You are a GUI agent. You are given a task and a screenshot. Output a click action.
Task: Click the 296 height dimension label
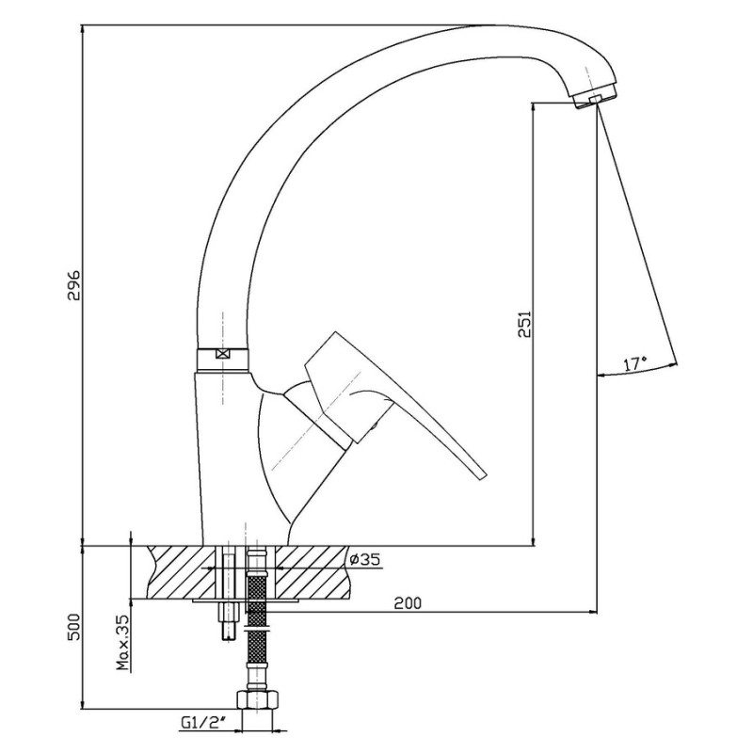(74, 285)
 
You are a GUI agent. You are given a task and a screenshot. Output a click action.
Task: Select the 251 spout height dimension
(525, 324)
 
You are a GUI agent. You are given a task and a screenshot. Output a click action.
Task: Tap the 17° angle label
(635, 364)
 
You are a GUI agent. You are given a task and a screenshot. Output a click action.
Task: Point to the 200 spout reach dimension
(408, 602)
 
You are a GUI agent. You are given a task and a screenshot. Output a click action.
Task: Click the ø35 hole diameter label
(365, 559)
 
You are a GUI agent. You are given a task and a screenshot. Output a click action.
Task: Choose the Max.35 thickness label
(123, 643)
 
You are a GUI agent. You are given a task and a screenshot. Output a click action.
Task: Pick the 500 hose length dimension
(74, 627)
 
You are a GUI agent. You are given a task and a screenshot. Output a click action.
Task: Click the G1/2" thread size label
(203, 723)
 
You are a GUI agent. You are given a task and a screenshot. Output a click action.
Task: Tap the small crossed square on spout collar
(222, 355)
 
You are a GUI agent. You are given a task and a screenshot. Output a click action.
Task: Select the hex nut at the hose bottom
(257, 699)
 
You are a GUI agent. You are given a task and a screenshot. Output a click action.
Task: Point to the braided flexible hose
(256, 619)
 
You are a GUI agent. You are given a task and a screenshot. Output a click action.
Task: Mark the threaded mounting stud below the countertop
(230, 619)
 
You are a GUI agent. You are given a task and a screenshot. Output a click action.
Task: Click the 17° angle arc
(638, 371)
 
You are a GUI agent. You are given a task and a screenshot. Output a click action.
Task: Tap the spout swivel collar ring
(223, 359)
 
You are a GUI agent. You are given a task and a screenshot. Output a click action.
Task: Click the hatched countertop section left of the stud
(182, 572)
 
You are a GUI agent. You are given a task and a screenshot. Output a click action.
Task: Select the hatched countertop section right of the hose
(312, 572)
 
